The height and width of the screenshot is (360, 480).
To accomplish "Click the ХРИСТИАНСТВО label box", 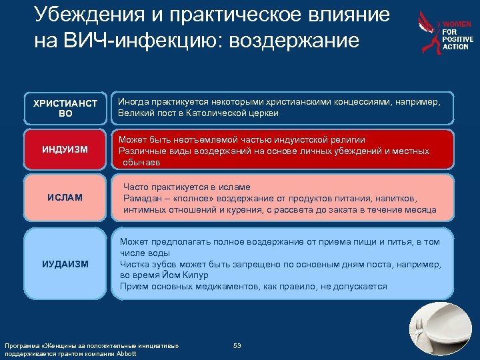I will point(65,109).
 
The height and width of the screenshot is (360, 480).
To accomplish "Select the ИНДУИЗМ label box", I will point(65,149).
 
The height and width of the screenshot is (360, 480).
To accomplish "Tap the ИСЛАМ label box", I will point(65,198).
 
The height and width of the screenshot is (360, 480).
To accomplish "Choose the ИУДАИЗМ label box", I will point(65,264).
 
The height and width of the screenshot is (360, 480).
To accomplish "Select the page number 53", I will point(237,345).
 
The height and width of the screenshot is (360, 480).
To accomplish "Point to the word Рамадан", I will point(144,199).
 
